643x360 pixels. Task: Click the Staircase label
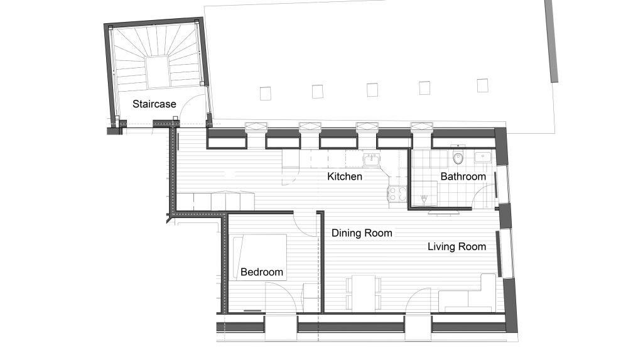pyautogui.click(x=154, y=104)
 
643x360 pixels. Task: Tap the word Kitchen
pyautogui.click(x=345, y=177)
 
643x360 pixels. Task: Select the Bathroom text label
pyautogui.click(x=463, y=177)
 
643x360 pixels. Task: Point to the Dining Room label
pyautogui.click(x=362, y=233)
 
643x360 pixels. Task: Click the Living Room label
pyautogui.click(x=457, y=247)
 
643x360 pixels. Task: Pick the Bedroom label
pyautogui.click(x=262, y=272)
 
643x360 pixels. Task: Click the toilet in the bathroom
pyautogui.click(x=458, y=157)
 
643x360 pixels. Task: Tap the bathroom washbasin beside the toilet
pyautogui.click(x=483, y=157)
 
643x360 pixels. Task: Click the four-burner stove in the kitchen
pyautogui.click(x=397, y=194)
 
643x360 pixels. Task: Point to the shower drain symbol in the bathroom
pyautogui.click(x=424, y=200)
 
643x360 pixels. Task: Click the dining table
pyautogui.click(x=364, y=293)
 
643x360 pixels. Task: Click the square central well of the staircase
pyautogui.click(x=157, y=72)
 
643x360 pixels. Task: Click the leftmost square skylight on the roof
pyautogui.click(x=266, y=93)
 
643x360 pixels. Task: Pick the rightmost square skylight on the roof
pyautogui.click(x=483, y=85)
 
